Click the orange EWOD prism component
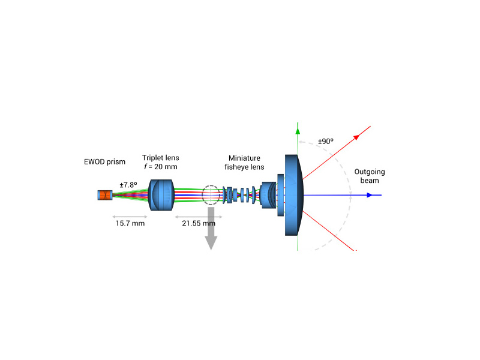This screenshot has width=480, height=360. pyautogui.click(x=105, y=195)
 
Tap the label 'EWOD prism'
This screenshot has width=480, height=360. pyautogui.click(x=104, y=161)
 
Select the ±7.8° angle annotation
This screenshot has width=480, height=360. pyautogui.click(x=128, y=185)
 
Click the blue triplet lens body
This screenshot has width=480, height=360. pyautogui.click(x=161, y=195)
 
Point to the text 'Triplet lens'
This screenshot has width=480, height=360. pyautogui.click(x=160, y=158)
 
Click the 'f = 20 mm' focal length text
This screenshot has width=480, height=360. pyautogui.click(x=160, y=167)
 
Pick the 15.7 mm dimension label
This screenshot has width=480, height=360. pyautogui.click(x=130, y=223)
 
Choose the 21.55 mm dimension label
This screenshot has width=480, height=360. pyautogui.click(x=199, y=223)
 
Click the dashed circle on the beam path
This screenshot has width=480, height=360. pyautogui.click(x=211, y=185)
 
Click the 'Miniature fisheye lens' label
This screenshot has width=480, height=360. pyautogui.click(x=244, y=163)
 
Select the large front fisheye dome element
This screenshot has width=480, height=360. pyautogui.click(x=294, y=195)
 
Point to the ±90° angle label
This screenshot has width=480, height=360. pyautogui.click(x=326, y=142)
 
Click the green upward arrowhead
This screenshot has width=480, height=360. pyautogui.click(x=298, y=130)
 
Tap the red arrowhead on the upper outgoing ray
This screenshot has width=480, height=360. pyautogui.click(x=356, y=137)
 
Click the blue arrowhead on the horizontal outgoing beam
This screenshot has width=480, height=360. pyautogui.click(x=370, y=195)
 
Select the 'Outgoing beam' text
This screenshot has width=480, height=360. pyautogui.click(x=370, y=176)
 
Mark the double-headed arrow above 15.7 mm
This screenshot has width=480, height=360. pyautogui.click(x=130, y=217)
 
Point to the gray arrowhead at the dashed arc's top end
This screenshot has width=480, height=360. pyautogui.click(x=302, y=142)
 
